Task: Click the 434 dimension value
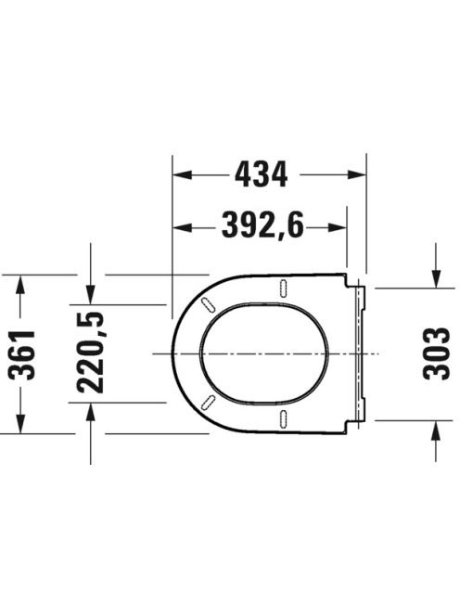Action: tap(262, 174)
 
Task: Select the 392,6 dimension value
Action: tap(262, 225)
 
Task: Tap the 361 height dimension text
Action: tap(22, 355)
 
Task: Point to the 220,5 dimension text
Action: tap(91, 353)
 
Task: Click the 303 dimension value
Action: tap(436, 353)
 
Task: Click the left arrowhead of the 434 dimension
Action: tap(183, 174)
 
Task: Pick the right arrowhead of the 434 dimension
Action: tap(357, 174)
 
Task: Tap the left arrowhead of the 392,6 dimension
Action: tap(183, 227)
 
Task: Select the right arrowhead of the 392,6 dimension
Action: tap(338, 227)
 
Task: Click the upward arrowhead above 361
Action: tap(20, 285)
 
